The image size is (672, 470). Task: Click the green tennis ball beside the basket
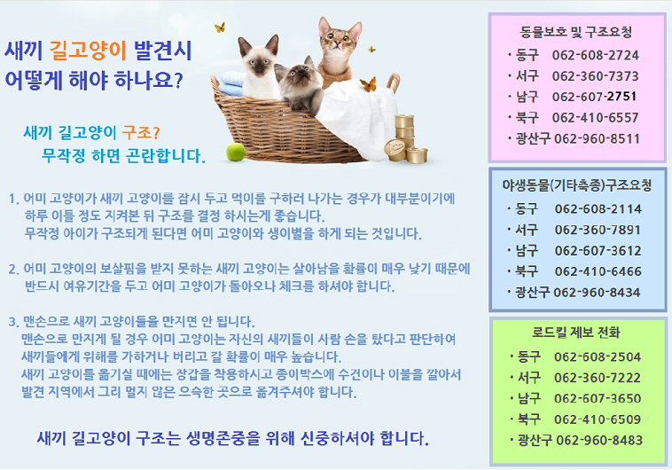tap(235, 152)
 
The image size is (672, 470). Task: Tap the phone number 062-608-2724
tap(595, 55)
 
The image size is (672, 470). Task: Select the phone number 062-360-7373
tap(595, 76)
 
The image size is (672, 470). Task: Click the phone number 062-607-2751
tap(594, 97)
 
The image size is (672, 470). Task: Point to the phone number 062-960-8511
tap(597, 138)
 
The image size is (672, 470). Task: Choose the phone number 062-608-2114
tap(598, 209)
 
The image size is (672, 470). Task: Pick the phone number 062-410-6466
tap(598, 271)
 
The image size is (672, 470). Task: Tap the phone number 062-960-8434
tap(597, 293)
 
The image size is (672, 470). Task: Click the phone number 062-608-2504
tap(598, 356)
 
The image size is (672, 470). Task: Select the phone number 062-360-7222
tap(598, 378)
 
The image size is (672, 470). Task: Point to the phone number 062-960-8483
tap(599, 440)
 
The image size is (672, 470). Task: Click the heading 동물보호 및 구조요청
tap(576, 32)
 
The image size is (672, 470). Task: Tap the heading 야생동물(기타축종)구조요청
tap(577, 185)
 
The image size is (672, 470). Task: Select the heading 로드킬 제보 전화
tap(576, 332)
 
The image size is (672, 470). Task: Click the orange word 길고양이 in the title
tap(88, 51)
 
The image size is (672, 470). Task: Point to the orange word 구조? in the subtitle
tap(141, 133)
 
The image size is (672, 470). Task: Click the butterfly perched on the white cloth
tap(369, 84)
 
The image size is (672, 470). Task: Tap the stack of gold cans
tap(405, 138)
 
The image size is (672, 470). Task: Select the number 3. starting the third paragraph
tap(13, 322)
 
